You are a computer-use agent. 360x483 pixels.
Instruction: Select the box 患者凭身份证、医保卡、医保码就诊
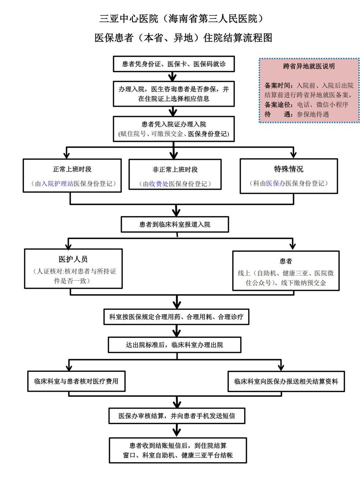click(174, 64)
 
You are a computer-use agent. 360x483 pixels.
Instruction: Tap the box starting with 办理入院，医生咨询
click(174, 94)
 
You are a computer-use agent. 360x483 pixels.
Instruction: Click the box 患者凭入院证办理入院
click(174, 129)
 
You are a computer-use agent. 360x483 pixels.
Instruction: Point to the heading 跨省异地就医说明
click(309, 66)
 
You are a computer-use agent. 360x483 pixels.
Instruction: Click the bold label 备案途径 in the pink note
click(277, 105)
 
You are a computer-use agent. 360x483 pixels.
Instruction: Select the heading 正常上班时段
click(72, 169)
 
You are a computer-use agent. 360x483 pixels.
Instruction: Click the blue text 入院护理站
click(57, 184)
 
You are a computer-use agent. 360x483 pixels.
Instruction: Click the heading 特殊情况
click(288, 169)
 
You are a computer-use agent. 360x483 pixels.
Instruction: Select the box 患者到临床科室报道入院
click(175, 224)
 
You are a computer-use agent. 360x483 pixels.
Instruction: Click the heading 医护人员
click(73, 259)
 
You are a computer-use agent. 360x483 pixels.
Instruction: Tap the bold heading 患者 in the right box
click(286, 261)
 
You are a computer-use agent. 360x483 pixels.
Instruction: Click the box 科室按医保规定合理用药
click(176, 317)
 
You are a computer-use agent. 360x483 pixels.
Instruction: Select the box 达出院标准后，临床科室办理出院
click(174, 345)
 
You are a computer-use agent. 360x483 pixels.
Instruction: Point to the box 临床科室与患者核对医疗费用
click(76, 381)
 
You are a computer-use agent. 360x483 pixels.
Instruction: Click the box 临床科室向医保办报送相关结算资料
click(286, 381)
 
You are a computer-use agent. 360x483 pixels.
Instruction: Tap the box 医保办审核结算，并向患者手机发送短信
click(177, 416)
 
